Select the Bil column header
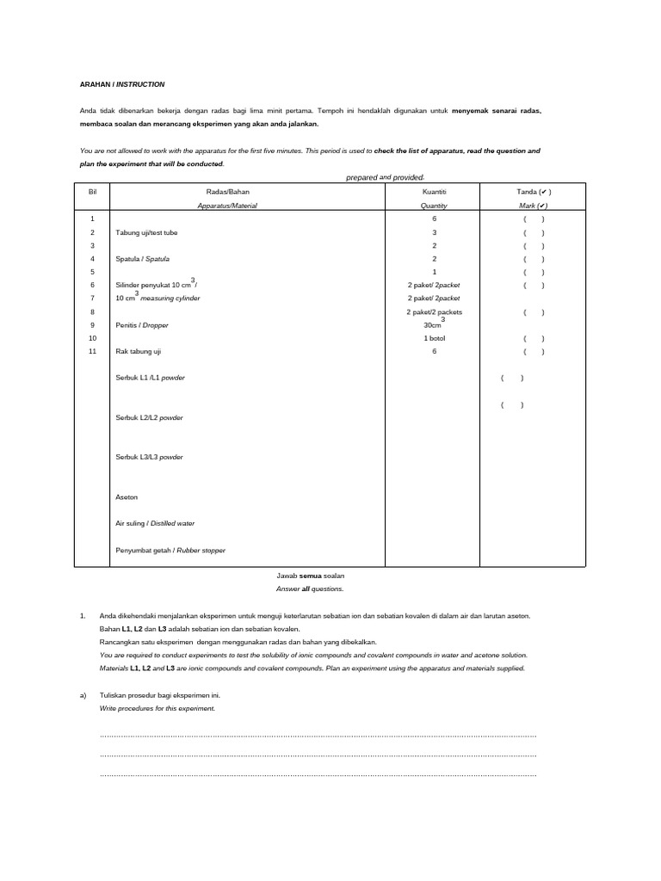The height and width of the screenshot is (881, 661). (x=93, y=192)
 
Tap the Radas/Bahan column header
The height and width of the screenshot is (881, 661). (x=227, y=192)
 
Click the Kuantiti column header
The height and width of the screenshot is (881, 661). (x=434, y=192)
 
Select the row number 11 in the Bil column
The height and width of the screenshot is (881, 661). (x=92, y=352)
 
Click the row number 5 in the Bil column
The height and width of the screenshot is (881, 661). (x=92, y=272)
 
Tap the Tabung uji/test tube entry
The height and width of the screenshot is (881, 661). (x=148, y=233)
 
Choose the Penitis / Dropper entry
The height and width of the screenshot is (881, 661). (x=141, y=325)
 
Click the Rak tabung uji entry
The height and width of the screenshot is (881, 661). (x=139, y=352)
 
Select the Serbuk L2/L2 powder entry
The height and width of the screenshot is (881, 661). (x=149, y=418)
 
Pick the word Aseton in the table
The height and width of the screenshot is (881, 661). (x=127, y=497)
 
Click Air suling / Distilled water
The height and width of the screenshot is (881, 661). (x=155, y=523)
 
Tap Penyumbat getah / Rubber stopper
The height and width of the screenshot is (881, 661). (x=170, y=550)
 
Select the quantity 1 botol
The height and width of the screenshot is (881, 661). (x=434, y=339)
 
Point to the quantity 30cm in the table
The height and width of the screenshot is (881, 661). (x=433, y=324)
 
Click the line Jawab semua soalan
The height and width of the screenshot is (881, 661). (x=309, y=575)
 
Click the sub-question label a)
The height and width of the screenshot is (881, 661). (x=83, y=695)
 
